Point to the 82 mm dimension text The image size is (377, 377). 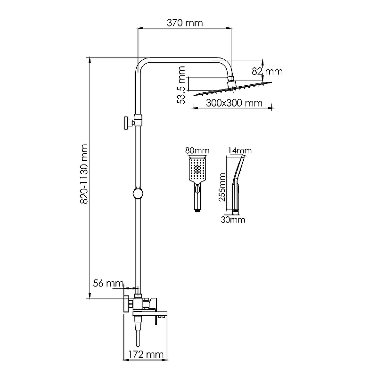tap(267, 72)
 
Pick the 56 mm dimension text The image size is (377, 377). tap(105, 283)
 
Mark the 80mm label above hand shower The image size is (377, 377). tap(197, 150)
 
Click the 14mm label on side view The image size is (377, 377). tap(239, 150)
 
